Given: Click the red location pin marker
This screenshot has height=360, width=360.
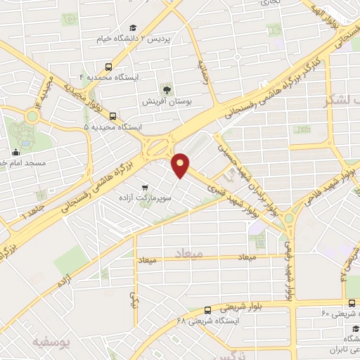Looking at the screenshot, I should pyautogui.click(x=181, y=165).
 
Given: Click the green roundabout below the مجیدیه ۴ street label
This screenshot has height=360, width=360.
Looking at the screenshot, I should pyautogui.click(x=31, y=117).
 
